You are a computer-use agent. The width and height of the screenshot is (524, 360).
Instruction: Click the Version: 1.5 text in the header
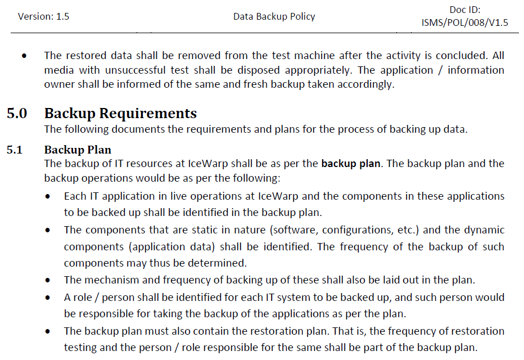[43, 16]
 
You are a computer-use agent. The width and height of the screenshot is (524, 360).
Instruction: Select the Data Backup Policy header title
[274, 16]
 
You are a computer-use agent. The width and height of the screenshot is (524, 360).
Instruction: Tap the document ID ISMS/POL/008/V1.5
[464, 22]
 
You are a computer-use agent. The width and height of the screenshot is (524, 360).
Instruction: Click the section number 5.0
[17, 113]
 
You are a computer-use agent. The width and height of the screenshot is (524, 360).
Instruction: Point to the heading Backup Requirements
[120, 113]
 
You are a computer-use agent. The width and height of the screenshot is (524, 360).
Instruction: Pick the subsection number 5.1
[15, 150]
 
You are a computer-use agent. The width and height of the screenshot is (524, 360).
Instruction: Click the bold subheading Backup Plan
[78, 150]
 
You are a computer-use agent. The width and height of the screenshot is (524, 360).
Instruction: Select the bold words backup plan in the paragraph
[351, 164]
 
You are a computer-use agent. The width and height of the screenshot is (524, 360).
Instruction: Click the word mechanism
[107, 280]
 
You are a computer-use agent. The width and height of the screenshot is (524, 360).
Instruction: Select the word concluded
[462, 56]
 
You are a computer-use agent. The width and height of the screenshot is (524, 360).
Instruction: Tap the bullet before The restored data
[24, 56]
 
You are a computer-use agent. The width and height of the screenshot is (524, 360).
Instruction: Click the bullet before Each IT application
[51, 197]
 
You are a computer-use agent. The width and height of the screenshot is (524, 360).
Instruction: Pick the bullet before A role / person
[51, 298]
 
